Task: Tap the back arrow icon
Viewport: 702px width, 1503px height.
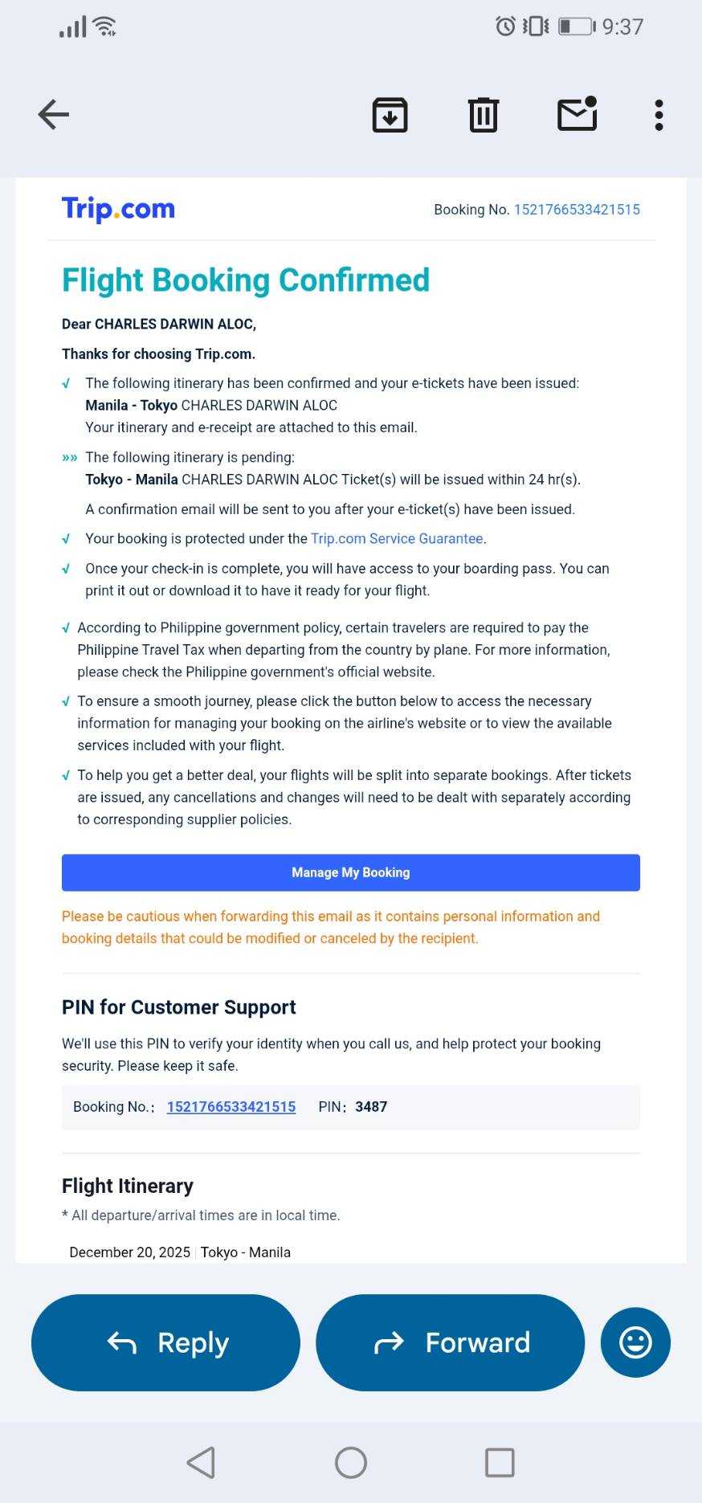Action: coord(54,114)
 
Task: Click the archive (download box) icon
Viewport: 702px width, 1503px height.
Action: coord(390,115)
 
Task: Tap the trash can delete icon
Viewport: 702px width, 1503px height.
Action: coord(484,115)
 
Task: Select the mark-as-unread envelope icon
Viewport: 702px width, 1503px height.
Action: coord(578,114)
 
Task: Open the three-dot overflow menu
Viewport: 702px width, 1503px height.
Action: coord(659,115)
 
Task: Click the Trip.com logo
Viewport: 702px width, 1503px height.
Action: coord(118,209)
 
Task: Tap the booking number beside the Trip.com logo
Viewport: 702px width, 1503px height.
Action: coord(577,210)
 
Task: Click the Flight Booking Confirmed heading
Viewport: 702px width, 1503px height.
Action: coord(246,280)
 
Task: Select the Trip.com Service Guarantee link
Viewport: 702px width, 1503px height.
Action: coord(397,538)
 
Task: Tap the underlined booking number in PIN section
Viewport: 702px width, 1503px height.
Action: coord(231,1107)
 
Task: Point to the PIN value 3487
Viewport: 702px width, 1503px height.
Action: coord(371,1107)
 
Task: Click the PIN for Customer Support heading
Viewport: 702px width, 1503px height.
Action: coord(178,1007)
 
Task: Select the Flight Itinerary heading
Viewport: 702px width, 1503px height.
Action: coord(128,1186)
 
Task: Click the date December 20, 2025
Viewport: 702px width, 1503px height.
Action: coord(130,1252)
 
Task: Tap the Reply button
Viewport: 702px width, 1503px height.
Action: coord(165,1342)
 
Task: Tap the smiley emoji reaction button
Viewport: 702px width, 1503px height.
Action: coord(635,1342)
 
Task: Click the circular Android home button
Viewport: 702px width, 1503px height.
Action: coord(351,1463)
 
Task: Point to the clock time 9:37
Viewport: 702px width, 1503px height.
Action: coord(622,27)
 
